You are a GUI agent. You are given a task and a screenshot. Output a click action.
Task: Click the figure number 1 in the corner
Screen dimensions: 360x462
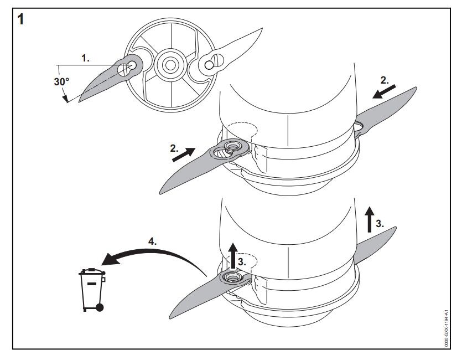(22, 20)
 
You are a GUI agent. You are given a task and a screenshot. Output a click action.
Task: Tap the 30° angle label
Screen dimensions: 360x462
(61, 81)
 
